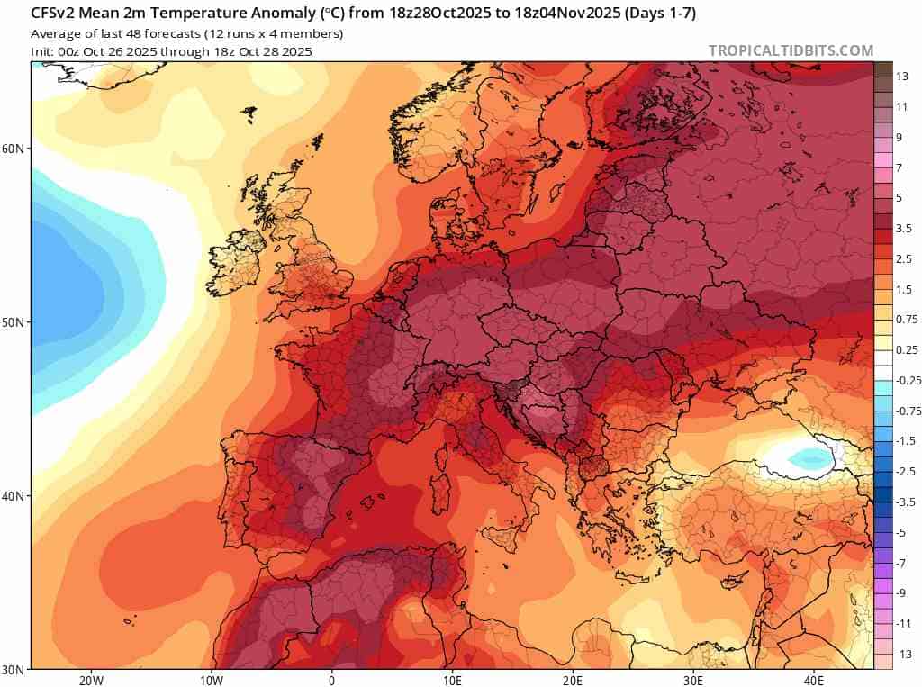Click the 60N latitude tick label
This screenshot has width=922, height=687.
coord(15,148)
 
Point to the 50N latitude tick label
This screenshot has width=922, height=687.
coord(15,322)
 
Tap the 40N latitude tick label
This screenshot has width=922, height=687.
coord(15,496)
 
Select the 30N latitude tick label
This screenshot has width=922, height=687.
coord(15,670)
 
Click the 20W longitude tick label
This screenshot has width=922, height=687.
coord(91,680)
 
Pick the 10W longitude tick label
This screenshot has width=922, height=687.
coord(212,680)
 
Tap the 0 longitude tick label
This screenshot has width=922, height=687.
coord(332,680)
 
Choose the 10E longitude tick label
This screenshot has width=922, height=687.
coord(453,680)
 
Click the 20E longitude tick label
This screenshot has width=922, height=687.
coord(573,680)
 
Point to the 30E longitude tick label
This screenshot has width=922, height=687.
coord(693,680)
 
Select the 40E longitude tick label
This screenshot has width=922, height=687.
coord(814,680)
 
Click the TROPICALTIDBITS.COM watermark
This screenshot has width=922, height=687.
coord(791,50)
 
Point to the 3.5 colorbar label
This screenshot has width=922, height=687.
coord(904,229)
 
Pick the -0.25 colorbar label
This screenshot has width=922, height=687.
coord(908,380)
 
